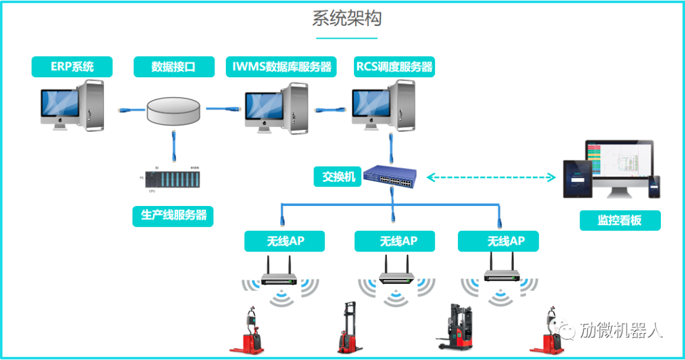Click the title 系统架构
(346, 18)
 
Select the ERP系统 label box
(72, 67)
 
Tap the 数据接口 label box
(173, 67)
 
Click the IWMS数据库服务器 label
(281, 67)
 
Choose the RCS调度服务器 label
(395, 67)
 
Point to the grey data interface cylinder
(174, 111)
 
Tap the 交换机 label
(338, 177)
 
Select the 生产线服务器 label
(173, 215)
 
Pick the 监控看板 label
(620, 220)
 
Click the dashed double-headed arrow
(491, 178)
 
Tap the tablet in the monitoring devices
(577, 178)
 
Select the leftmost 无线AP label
(284, 241)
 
